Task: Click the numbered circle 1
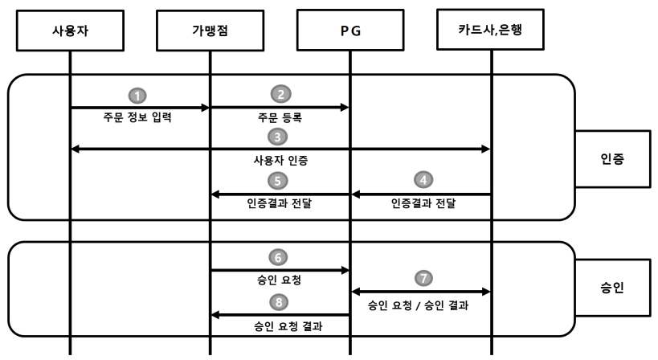tap(139, 95)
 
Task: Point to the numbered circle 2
tap(280, 95)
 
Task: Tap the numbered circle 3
tap(280, 136)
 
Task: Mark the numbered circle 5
tap(280, 179)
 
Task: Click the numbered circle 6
tap(280, 258)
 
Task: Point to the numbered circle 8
tap(280, 303)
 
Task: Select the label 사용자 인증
tap(280, 161)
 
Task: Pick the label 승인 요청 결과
tap(280, 328)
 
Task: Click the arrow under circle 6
tap(280, 271)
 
